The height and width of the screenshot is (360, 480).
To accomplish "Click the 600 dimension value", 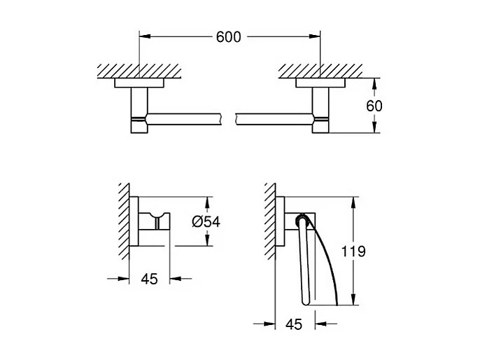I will coord(229,37).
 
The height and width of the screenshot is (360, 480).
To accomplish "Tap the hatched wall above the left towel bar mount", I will coord(140,71).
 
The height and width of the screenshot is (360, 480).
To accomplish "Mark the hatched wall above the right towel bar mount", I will coord(320,71).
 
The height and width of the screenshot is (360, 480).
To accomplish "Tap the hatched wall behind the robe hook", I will coord(124,222).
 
